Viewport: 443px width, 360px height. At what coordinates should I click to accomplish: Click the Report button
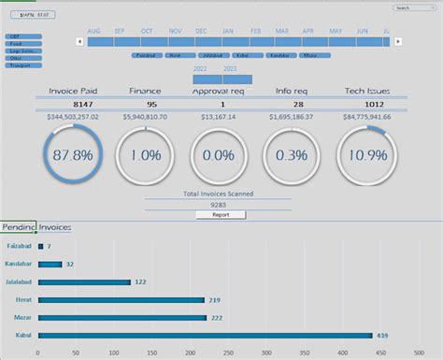coord(221,214)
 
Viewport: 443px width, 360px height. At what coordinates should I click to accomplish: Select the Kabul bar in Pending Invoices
coord(206,336)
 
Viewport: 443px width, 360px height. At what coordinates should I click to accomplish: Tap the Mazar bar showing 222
coord(121,318)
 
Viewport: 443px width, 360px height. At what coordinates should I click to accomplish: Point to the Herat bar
coord(121,300)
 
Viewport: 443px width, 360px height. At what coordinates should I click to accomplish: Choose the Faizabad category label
coord(20,246)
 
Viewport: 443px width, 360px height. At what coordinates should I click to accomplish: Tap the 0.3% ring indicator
coord(293,154)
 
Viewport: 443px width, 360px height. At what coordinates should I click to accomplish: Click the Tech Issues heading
coord(365,92)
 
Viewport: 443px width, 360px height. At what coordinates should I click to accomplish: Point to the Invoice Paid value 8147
coord(72,105)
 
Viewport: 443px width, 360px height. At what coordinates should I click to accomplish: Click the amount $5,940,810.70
coord(145,117)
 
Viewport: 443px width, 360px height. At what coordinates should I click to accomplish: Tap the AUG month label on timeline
coord(93,31)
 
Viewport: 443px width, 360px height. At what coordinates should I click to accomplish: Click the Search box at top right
coord(412,7)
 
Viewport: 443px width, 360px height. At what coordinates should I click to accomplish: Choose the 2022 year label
coord(200,69)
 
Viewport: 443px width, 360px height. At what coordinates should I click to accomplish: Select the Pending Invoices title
coord(36,227)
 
